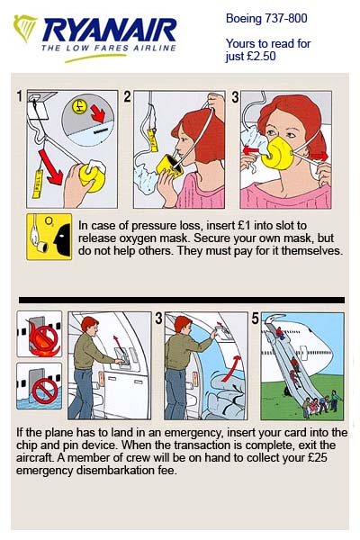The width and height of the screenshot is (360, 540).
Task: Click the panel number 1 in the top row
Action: tap(19, 95)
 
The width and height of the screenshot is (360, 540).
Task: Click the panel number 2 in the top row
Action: tap(127, 95)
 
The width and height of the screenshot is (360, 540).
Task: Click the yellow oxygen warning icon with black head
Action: tap(49, 237)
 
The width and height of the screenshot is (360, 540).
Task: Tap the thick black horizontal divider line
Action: tap(180, 300)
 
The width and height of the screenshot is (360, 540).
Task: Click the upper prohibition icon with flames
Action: tap(39, 337)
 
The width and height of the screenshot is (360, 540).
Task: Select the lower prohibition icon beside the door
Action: tap(39, 387)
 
